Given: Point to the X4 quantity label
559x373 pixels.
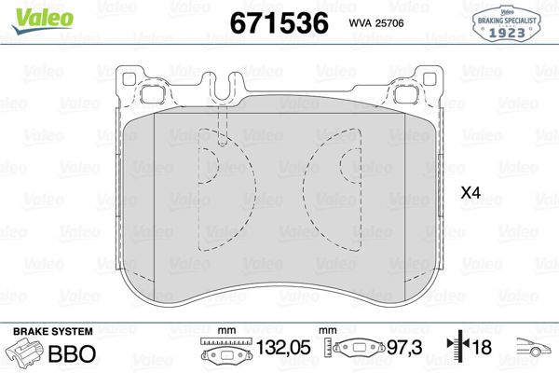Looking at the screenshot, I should [x=470, y=193].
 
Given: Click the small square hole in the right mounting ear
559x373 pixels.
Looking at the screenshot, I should [x=407, y=91].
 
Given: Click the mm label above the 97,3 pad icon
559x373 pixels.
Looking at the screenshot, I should [x=326, y=331].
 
